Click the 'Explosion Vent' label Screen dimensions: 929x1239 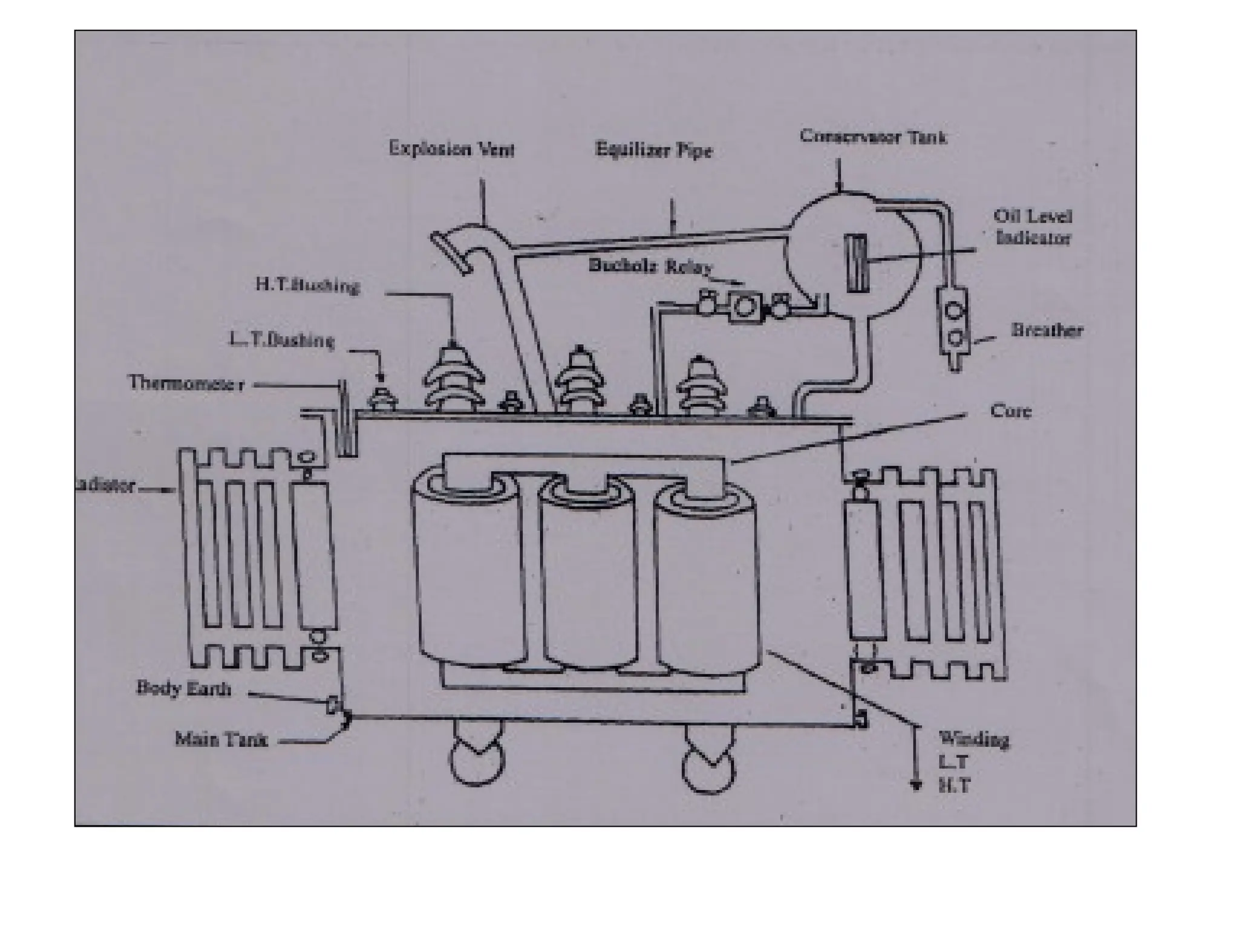451,148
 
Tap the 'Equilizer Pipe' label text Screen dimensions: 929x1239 653,149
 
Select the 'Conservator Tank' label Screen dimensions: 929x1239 873,137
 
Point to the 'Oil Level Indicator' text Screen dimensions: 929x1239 1033,227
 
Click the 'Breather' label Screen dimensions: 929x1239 1047,330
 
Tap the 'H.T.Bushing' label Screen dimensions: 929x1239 307,285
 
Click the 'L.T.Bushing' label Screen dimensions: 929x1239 281,340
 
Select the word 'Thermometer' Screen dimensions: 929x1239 186,383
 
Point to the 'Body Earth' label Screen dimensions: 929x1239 183,688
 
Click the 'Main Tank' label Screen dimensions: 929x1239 221,738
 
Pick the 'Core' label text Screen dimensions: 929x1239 1010,411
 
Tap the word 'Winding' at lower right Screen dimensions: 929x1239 973,739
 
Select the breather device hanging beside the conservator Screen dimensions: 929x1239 953,324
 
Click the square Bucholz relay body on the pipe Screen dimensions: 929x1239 744,307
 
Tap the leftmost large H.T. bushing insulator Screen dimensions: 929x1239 453,378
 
